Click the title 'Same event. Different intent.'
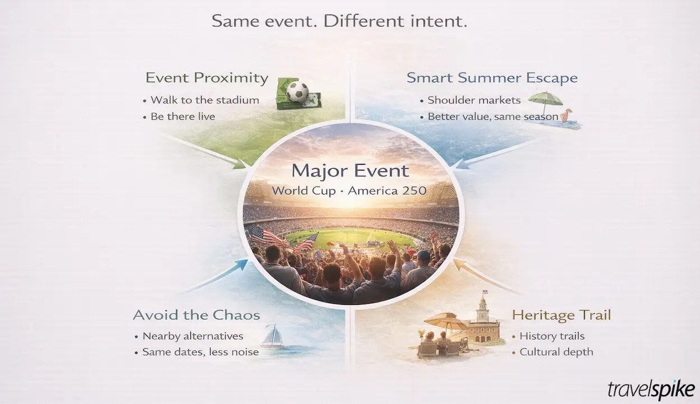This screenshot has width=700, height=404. click(339, 22)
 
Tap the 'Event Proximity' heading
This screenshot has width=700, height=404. click(207, 78)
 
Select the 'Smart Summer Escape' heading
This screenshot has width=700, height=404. click(492, 78)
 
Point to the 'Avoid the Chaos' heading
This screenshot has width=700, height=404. click(197, 315)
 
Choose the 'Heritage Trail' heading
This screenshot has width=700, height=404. click(561, 315)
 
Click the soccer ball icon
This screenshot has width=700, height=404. click(297, 92)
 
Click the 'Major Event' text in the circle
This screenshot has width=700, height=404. click(350, 170)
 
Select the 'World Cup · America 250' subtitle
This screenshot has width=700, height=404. click(349, 191)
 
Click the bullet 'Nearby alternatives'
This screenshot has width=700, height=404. click(193, 336)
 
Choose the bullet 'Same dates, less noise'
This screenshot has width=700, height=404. click(200, 352)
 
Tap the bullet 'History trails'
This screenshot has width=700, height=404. click(552, 336)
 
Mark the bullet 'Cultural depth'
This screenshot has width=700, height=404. click(556, 352)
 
